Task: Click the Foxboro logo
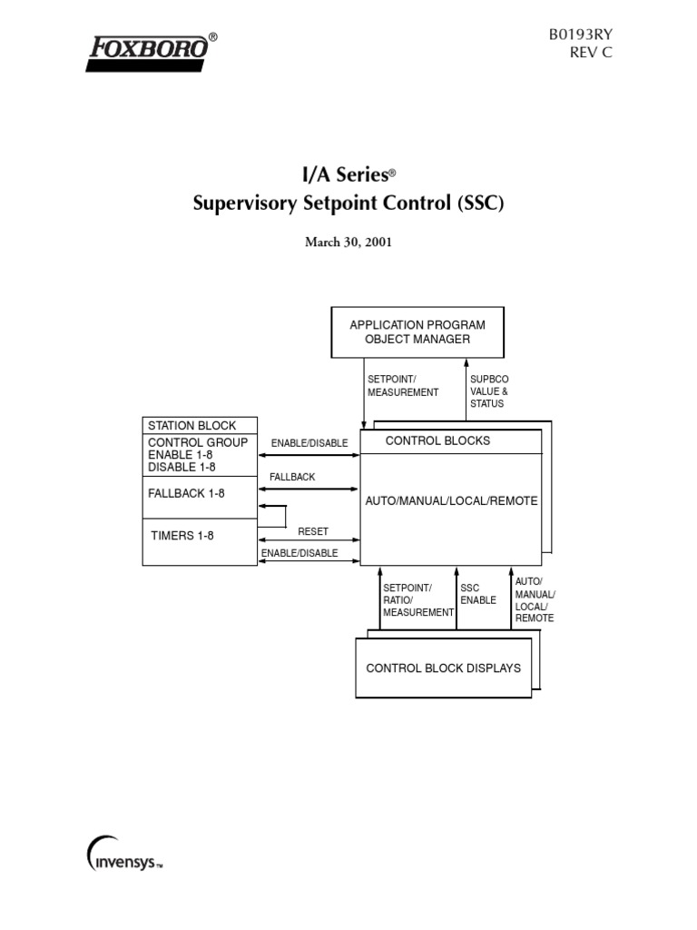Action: (x=151, y=52)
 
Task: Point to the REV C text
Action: (x=588, y=54)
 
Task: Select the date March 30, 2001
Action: (x=348, y=244)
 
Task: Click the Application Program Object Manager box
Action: (x=417, y=331)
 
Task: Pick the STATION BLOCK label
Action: (x=191, y=425)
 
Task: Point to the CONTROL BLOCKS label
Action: (x=437, y=440)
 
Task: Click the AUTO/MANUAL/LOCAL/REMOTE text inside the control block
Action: (x=451, y=500)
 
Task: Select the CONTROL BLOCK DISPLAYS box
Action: (x=443, y=668)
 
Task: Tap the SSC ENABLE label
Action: (x=478, y=594)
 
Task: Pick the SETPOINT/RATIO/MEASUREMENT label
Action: (x=417, y=600)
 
